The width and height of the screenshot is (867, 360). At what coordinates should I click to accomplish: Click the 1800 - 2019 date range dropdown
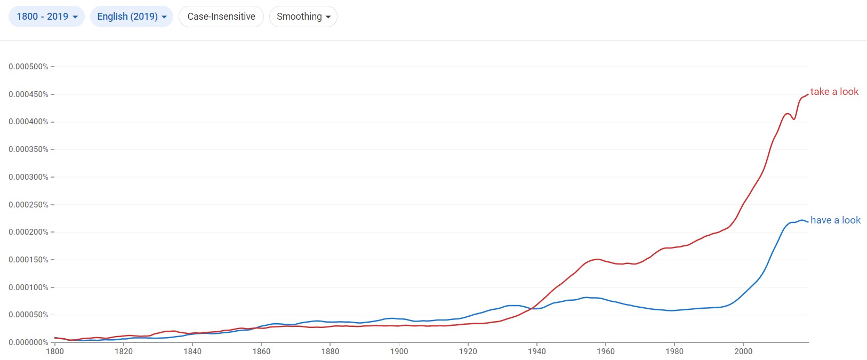coord(46,17)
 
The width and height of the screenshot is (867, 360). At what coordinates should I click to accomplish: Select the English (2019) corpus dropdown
coord(131,17)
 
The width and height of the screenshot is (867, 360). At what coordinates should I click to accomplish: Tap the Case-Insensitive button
coord(221,17)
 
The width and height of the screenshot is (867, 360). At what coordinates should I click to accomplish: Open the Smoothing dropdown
coord(303,17)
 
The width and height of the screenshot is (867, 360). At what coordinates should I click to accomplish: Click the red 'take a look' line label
coord(834,92)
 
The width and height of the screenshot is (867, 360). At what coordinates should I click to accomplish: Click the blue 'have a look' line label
coord(835,220)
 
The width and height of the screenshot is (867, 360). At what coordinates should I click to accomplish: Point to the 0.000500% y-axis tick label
coord(28,67)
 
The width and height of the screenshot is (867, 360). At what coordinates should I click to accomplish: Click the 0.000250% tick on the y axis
coord(28,205)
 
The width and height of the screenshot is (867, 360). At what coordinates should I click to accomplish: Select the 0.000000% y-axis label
coord(28,342)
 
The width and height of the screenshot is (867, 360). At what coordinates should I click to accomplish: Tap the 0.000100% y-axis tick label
coord(28,287)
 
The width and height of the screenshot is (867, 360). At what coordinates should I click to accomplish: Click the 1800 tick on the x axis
coord(55,351)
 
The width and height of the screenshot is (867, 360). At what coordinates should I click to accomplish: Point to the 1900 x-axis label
coord(399,351)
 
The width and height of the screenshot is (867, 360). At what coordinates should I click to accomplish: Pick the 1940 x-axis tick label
coord(537,351)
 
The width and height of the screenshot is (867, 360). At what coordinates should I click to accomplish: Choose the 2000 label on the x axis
coord(743,351)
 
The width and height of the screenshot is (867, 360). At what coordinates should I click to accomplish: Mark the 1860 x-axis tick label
coord(261,351)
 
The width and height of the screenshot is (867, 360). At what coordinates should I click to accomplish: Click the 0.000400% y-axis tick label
coord(28,122)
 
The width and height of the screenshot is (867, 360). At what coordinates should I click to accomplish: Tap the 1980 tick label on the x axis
coord(675,351)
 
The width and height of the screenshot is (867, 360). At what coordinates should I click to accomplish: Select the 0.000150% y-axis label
coord(28,260)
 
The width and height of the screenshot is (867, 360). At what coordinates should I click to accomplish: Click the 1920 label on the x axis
coord(468,351)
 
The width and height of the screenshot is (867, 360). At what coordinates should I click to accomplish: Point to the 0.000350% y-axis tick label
coord(28,149)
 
